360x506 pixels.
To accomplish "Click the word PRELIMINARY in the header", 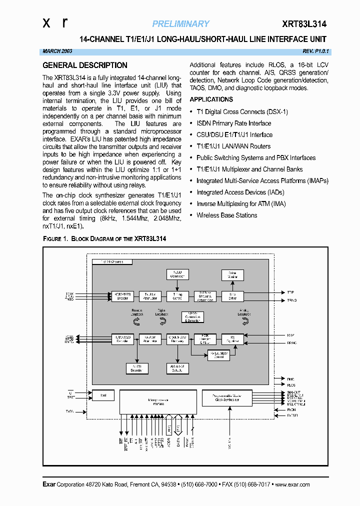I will pyautogui.click(x=180, y=24).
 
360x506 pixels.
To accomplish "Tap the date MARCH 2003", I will pyautogui.click(x=58, y=51).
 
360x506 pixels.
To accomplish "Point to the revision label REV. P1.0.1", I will pyautogui.click(x=316, y=51).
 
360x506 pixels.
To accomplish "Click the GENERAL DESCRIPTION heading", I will pyautogui.click(x=85, y=65).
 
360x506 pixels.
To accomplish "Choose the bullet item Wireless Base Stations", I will pyautogui.click(x=226, y=215).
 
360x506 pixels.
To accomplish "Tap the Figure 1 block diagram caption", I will pyautogui.click(x=104, y=239).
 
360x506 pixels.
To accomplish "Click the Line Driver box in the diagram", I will pyautogui.click(x=232, y=296).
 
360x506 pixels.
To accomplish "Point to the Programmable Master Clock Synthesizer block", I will pyautogui.click(x=227, y=398).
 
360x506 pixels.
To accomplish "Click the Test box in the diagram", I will pyautogui.click(x=103, y=395).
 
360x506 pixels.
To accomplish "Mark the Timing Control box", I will pyautogui.click(x=177, y=296).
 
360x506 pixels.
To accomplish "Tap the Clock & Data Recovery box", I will pyautogui.click(x=177, y=339).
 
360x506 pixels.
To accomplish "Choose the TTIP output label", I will pyautogui.click(x=291, y=292).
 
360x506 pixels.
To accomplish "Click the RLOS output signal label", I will pyautogui.click(x=291, y=385).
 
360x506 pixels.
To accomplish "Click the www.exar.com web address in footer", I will pyautogui.click(x=292, y=484).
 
